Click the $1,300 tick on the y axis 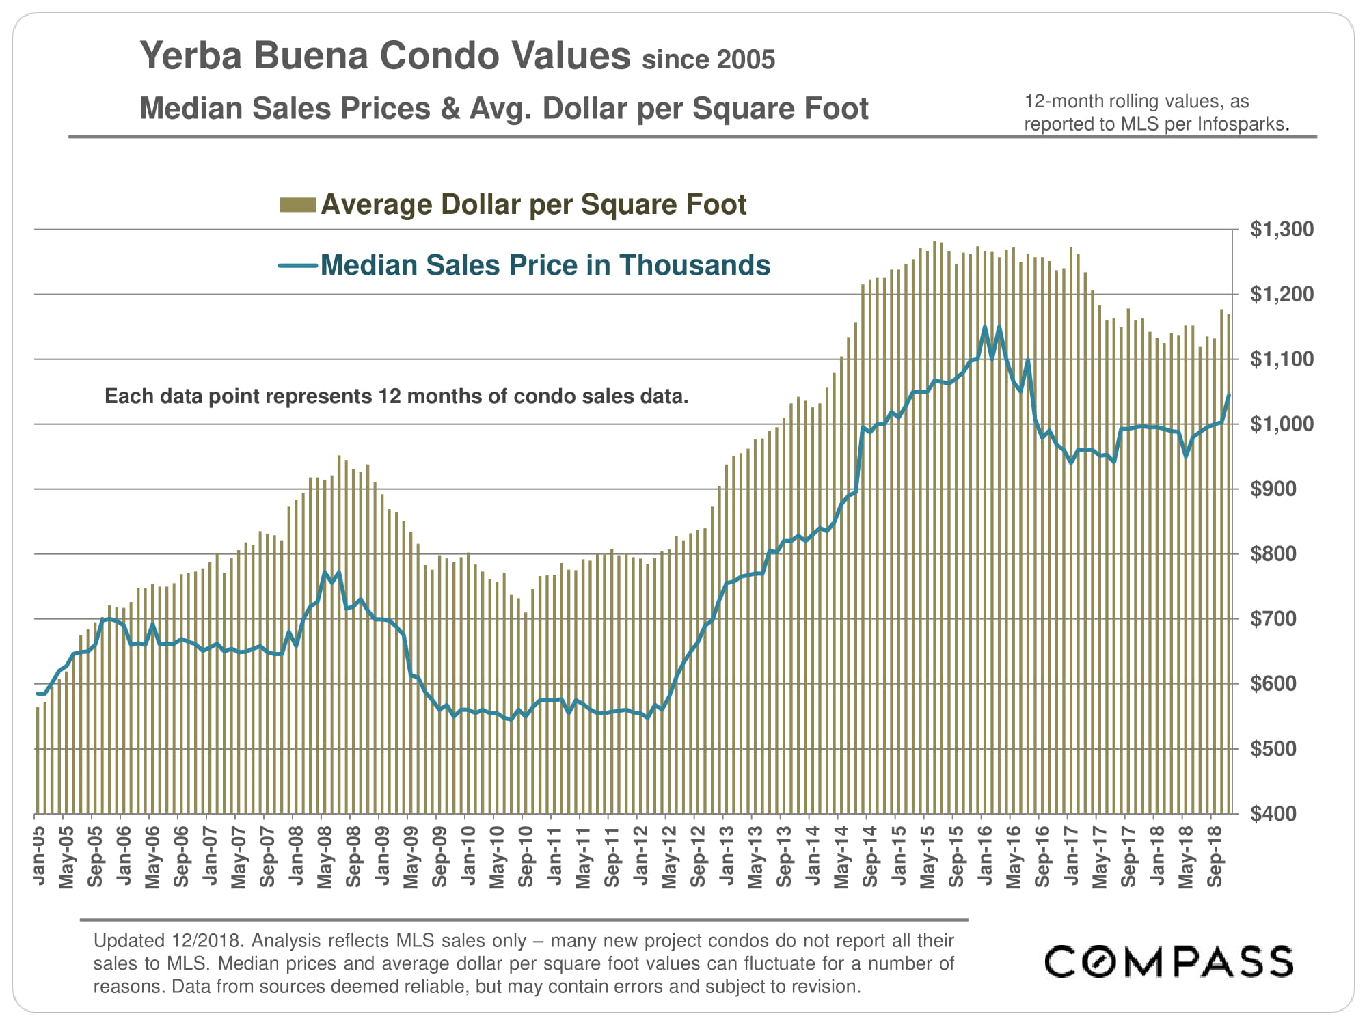pyautogui.click(x=1282, y=230)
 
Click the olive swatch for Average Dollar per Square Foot pyautogui.click(x=297, y=205)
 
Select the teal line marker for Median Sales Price pyautogui.click(x=297, y=266)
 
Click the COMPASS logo pyautogui.click(x=1168, y=961)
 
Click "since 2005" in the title pyautogui.click(x=708, y=60)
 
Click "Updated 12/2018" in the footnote pyautogui.click(x=167, y=941)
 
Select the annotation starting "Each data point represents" pyautogui.click(x=396, y=396)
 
